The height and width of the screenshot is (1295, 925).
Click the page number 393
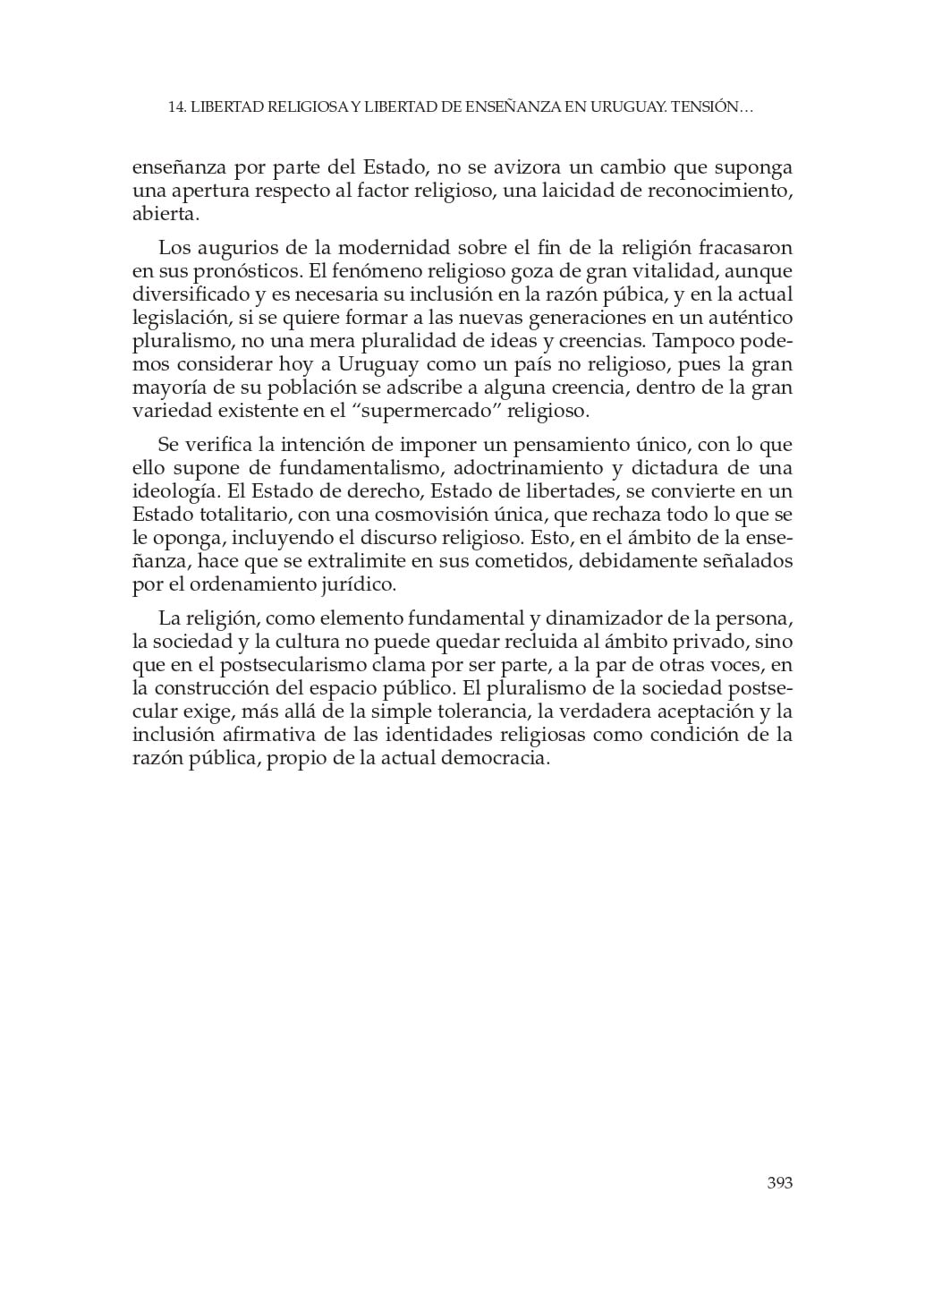pos(780,1183)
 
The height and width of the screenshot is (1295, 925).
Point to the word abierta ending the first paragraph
pos(164,215)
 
